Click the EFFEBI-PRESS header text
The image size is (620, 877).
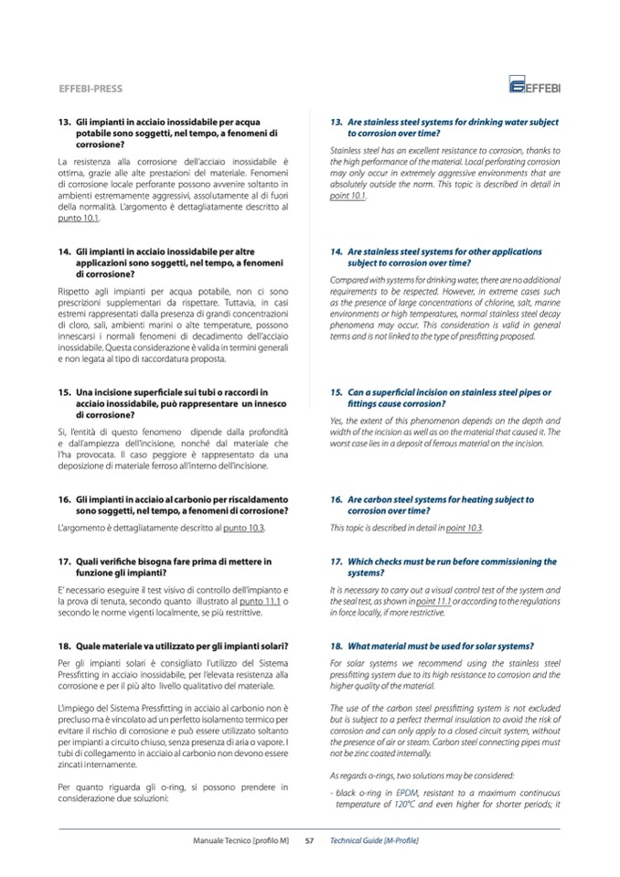point(90,89)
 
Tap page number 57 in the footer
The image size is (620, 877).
point(309,840)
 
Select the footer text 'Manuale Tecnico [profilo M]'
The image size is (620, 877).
point(241,840)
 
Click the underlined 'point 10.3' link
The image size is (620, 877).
point(464,529)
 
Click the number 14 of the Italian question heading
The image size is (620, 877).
point(65,251)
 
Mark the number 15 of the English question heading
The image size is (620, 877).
point(337,392)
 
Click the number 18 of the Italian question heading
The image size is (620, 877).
point(65,646)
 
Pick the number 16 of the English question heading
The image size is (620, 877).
point(337,500)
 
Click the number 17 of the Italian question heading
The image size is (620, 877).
point(65,561)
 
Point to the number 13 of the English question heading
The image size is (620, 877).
point(337,122)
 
